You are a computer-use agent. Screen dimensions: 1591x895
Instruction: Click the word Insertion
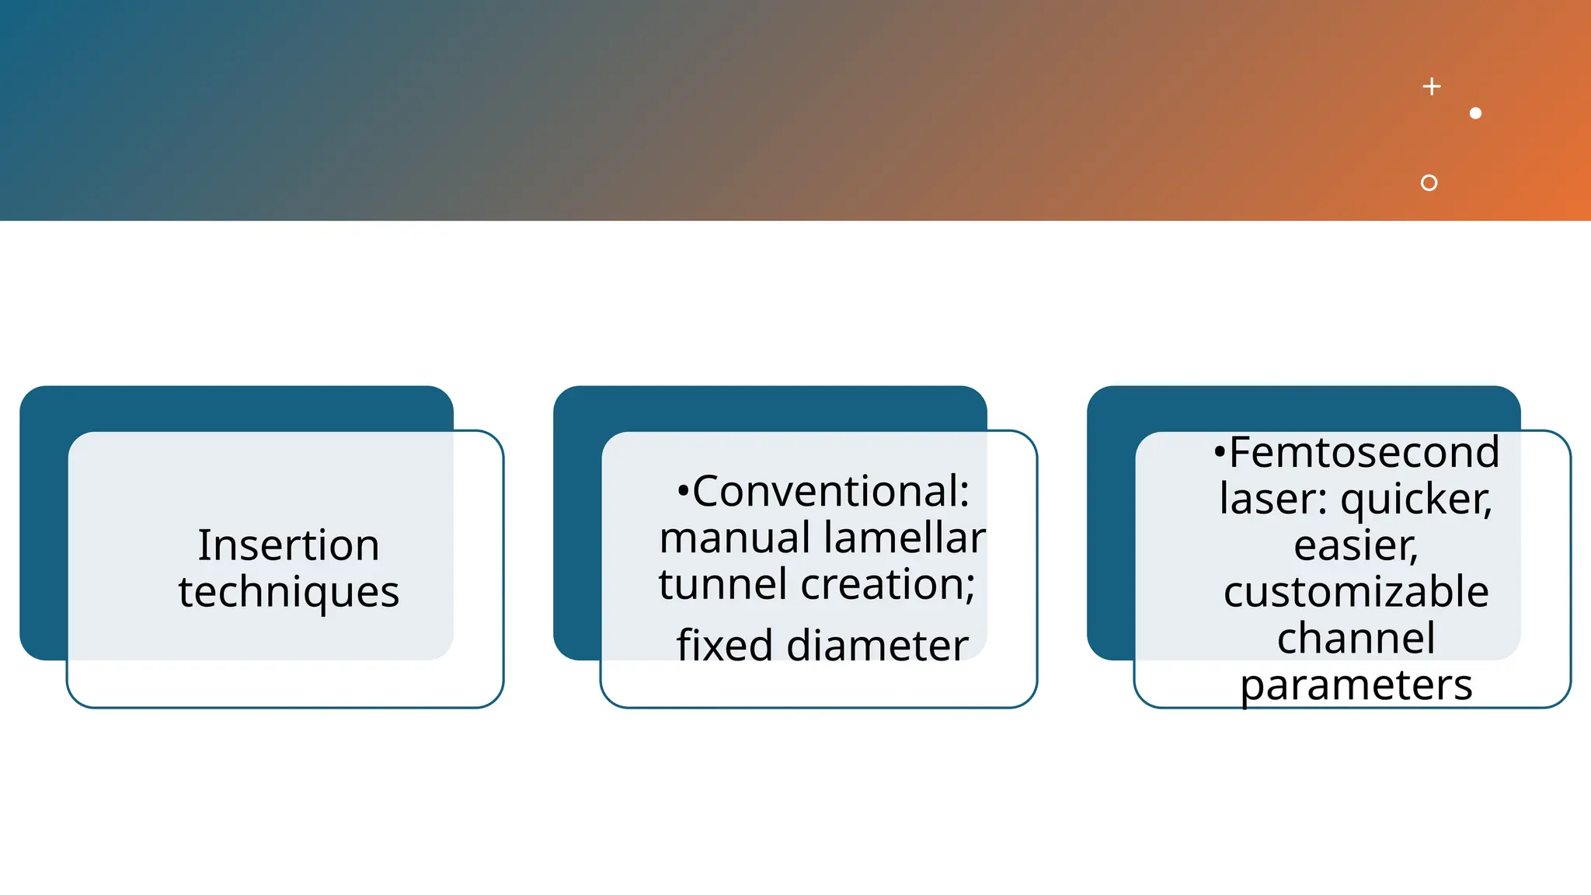point(288,545)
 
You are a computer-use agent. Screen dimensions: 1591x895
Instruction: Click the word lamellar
point(905,537)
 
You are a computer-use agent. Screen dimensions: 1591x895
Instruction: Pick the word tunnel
point(723,584)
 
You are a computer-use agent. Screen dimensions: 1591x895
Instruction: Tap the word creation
point(884,584)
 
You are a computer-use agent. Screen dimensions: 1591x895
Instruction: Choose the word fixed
point(725,645)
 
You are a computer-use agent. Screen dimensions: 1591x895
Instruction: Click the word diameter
point(877,645)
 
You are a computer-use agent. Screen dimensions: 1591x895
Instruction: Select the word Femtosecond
point(1364,452)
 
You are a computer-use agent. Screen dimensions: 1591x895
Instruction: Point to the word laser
point(1269,499)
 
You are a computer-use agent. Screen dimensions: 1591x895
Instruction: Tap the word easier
point(1356,546)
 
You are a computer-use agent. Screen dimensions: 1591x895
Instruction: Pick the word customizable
point(1356,591)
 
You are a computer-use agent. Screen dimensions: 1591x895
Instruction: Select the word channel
point(1356,638)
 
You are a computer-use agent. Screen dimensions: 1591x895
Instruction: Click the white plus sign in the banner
point(1432,86)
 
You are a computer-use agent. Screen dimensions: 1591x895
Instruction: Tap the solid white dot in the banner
point(1476,113)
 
